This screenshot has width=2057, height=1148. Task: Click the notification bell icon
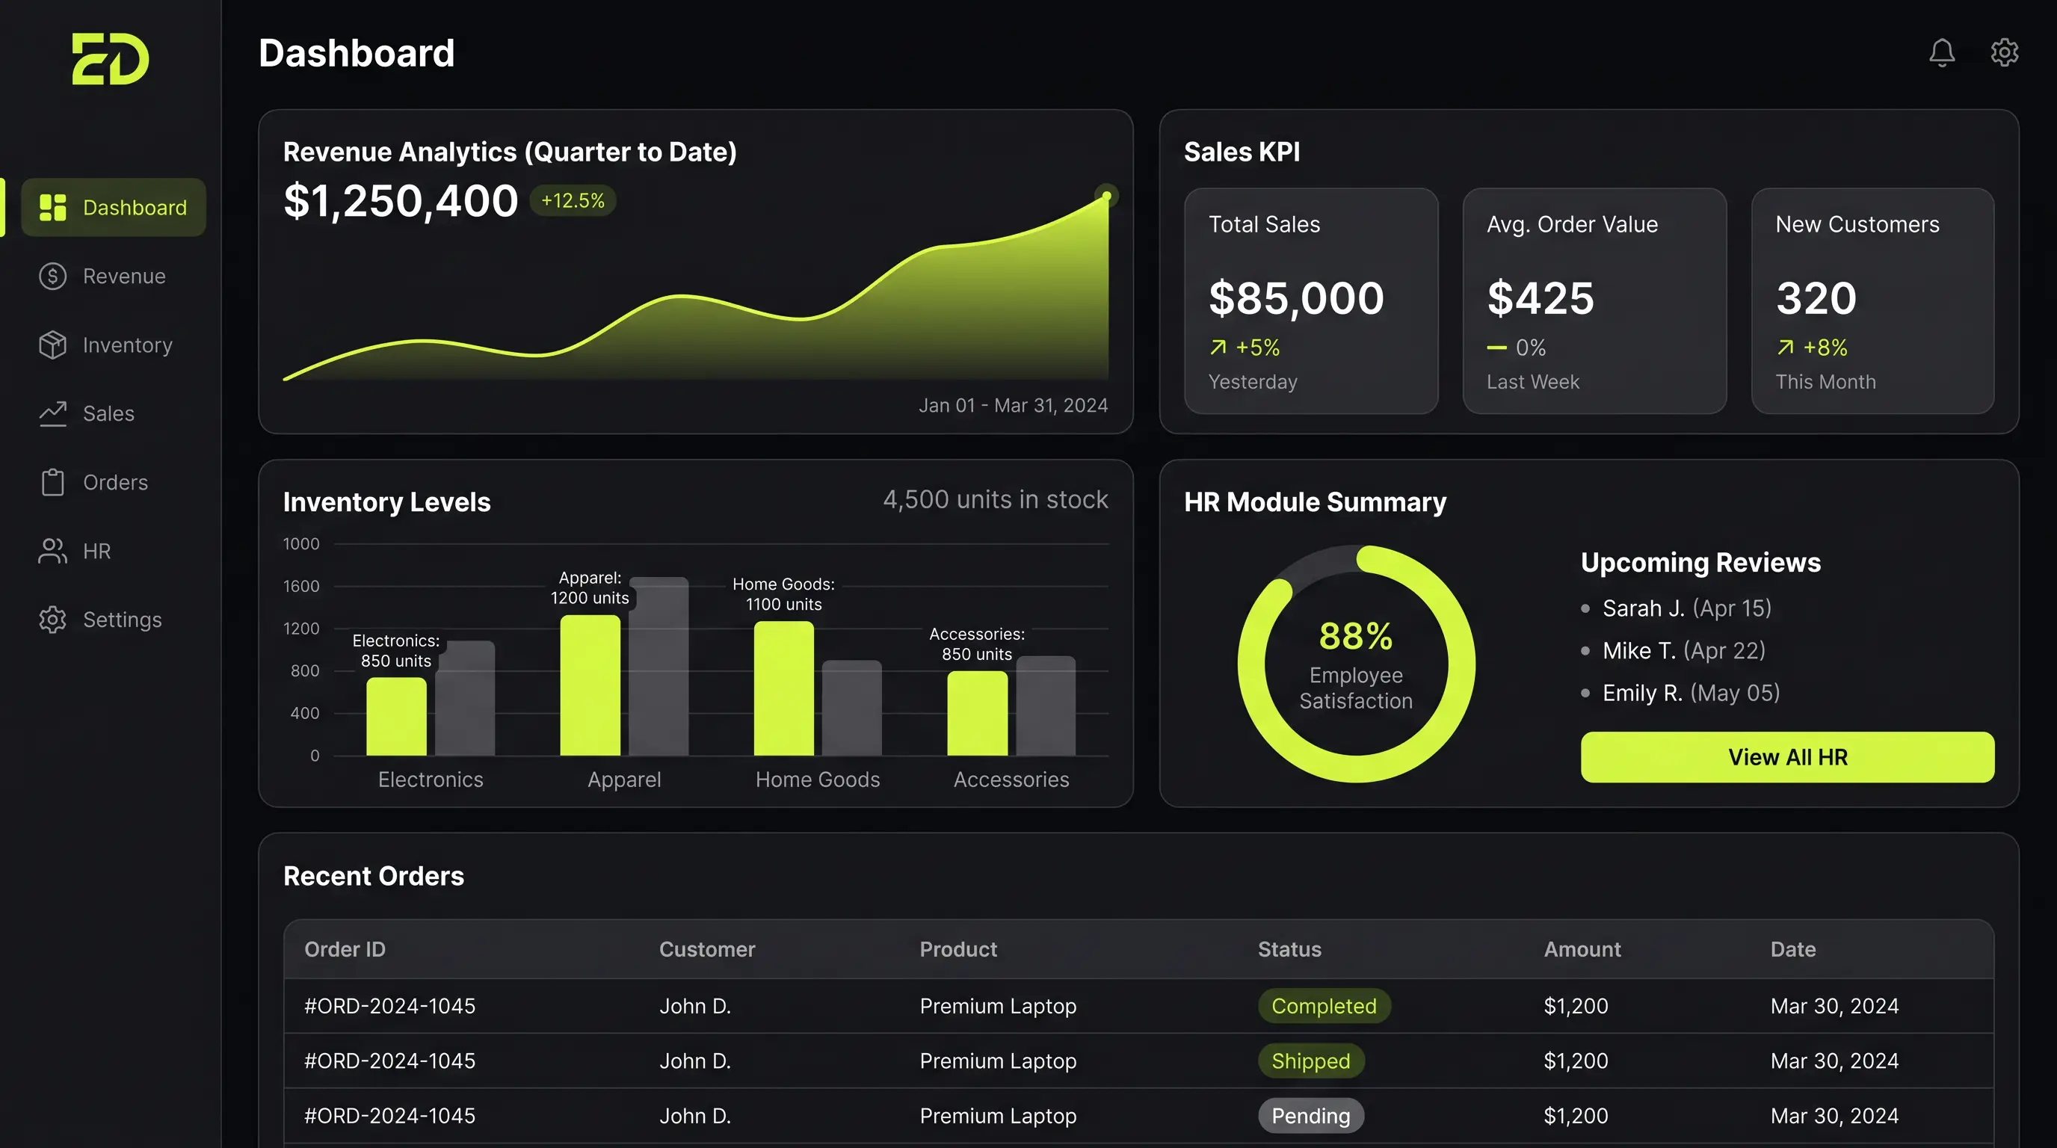1942,52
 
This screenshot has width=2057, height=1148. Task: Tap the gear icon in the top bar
2004,52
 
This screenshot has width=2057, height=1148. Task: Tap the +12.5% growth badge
573,200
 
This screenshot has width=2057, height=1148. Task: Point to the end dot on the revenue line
1106,196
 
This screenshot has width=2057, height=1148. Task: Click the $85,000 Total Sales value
1296,298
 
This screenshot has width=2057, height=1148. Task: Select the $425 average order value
1540,298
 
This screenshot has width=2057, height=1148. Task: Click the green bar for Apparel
590,685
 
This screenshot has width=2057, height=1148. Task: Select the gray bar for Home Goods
852,708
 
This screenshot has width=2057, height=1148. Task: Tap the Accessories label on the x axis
1011,780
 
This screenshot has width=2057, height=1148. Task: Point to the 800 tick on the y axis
305,670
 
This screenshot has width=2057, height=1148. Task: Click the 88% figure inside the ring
1356,636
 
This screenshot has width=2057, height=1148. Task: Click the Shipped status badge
1310,1061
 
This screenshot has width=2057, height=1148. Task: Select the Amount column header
1582,949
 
